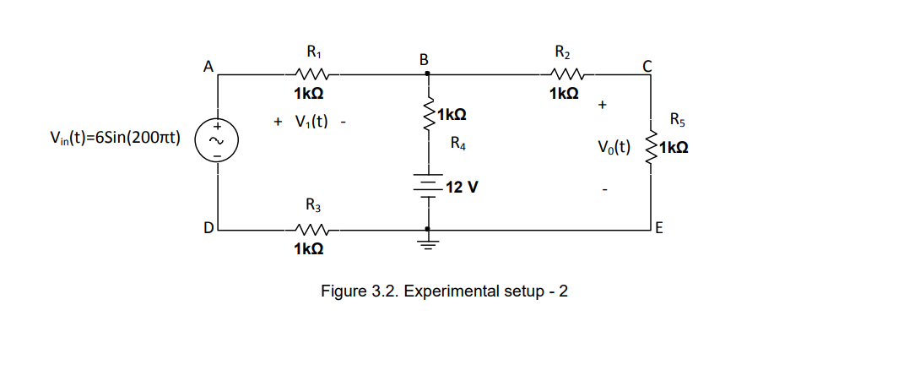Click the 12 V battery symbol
tap(429, 187)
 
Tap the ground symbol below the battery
tap(429, 245)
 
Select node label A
tap(208, 64)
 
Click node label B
tap(424, 59)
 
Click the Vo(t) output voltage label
tap(614, 148)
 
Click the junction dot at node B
tap(429, 73)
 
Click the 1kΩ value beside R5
tap(674, 148)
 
